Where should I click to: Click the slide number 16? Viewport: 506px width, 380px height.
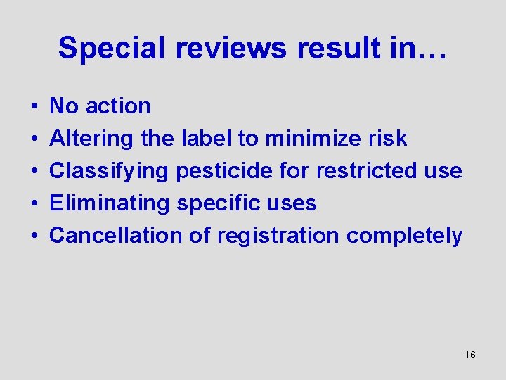point(470,355)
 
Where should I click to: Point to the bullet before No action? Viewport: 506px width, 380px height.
point(34,107)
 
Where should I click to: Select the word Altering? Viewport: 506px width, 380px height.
point(91,139)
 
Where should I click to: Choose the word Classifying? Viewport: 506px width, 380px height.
point(110,171)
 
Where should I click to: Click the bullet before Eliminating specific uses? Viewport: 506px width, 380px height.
point(34,204)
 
